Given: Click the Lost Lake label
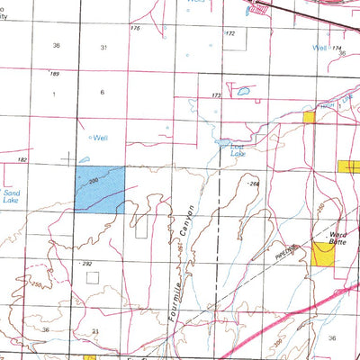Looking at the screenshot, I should click(238, 153).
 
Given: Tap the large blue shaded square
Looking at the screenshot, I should click(99, 188).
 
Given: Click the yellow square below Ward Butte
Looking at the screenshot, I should click(323, 254).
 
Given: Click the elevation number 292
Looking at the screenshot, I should click(88, 264).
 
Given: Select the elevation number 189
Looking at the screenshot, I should click(54, 74).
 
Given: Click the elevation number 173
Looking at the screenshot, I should click(216, 94).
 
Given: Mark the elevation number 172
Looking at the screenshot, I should click(229, 33).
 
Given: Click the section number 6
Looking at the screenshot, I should click(102, 93).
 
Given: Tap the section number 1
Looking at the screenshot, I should click(54, 93).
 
